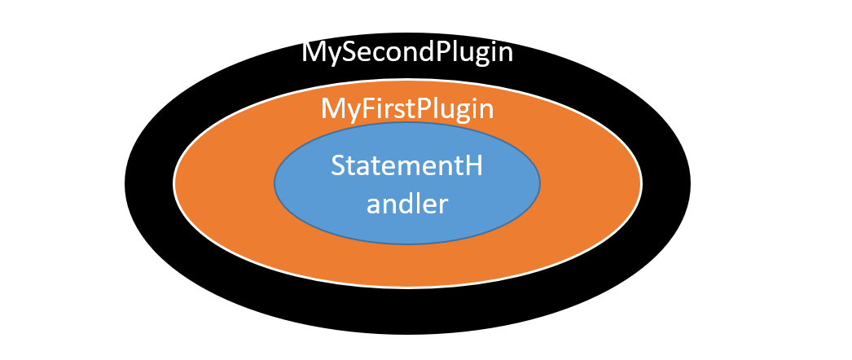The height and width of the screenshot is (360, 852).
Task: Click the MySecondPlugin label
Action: tap(407, 52)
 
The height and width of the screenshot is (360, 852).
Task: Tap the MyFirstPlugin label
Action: tap(407, 108)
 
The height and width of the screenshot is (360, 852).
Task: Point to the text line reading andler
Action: tap(407, 204)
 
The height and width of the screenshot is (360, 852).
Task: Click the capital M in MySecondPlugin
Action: tap(313, 52)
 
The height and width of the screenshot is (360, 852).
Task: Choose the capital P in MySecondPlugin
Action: tap(444, 52)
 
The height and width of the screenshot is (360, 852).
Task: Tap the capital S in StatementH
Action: tap(338, 166)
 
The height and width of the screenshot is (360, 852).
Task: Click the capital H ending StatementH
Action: tap(473, 166)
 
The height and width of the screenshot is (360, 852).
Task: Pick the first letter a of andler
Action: tap(374, 204)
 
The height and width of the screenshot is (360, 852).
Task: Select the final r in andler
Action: tap(443, 204)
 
